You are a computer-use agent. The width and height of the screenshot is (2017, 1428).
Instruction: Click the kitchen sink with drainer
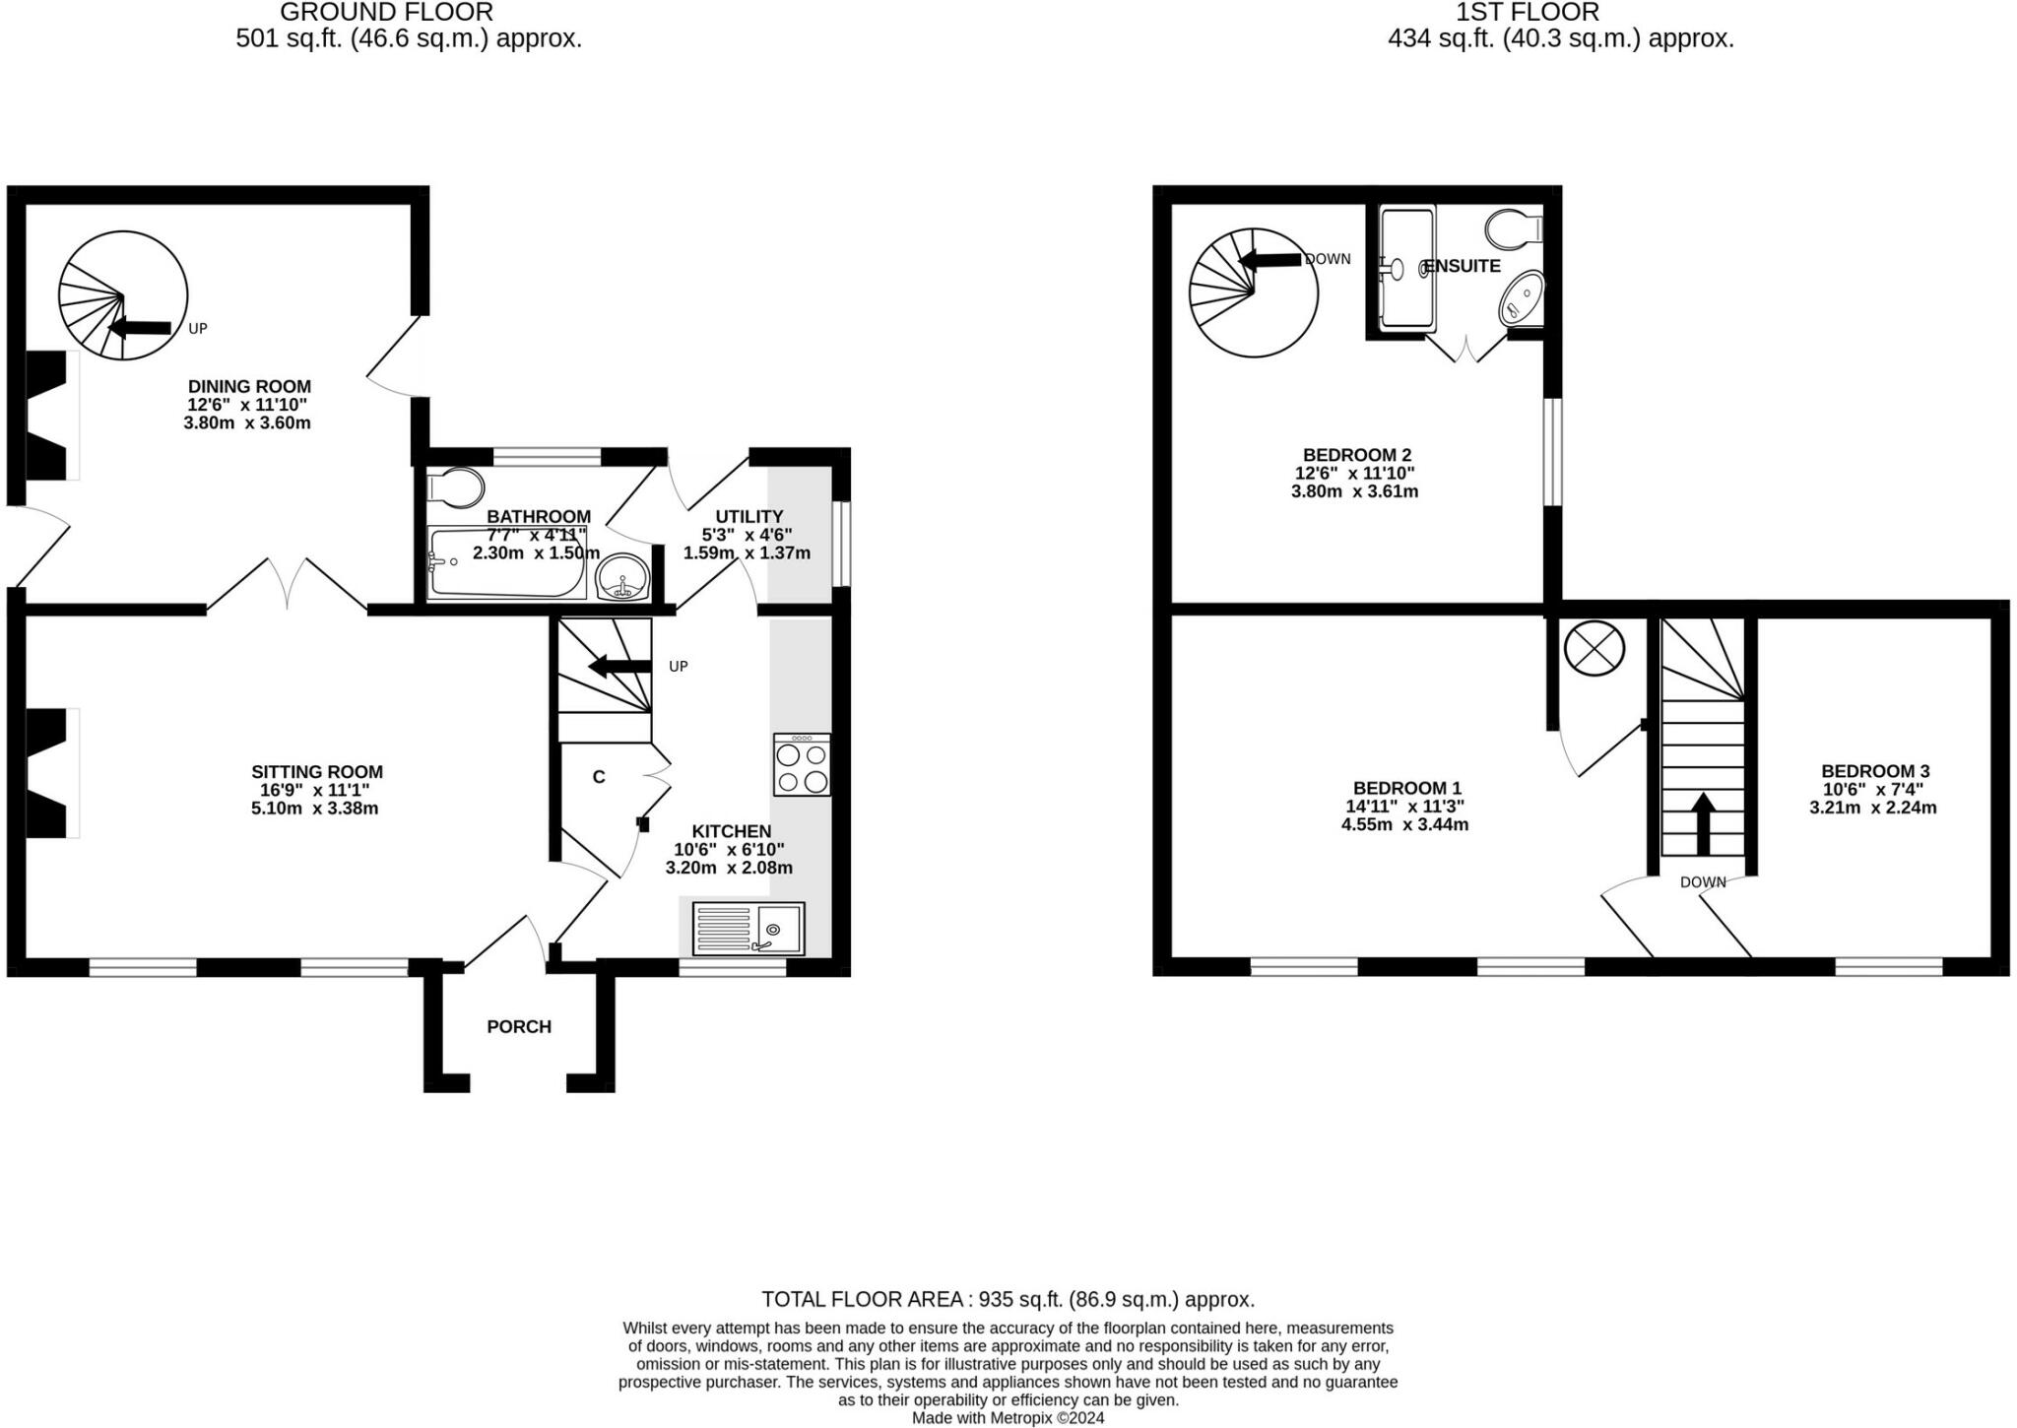[748, 928]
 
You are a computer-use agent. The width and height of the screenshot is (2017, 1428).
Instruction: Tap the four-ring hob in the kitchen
[802, 765]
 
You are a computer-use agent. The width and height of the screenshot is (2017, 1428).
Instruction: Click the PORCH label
[519, 1026]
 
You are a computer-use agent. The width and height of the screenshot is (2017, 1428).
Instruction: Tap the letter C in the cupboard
[598, 777]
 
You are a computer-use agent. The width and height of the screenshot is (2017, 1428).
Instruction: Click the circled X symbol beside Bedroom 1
[1594, 650]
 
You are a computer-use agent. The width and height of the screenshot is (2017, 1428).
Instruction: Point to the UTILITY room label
[748, 516]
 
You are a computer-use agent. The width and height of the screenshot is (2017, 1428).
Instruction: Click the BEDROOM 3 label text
[1874, 771]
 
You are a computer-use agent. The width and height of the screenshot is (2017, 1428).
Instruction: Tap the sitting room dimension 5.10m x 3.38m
[315, 809]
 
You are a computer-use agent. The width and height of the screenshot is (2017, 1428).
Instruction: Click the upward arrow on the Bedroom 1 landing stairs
[1703, 822]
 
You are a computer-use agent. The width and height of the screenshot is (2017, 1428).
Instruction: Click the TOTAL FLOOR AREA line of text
[1008, 1299]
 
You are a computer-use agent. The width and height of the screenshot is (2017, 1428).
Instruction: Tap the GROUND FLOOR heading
[386, 13]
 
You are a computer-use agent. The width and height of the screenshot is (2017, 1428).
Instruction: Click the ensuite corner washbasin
[1521, 298]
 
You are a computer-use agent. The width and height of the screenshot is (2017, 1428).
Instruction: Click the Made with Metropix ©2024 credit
[1008, 1418]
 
